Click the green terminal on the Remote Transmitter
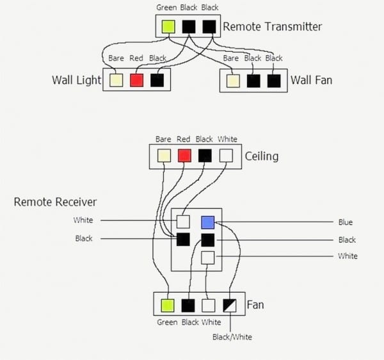(168, 26)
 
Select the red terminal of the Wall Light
(136, 81)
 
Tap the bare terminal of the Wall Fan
(234, 81)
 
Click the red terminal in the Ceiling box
(184, 156)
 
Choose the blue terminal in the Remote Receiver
(207, 222)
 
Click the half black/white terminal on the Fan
(230, 305)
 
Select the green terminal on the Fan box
(168, 305)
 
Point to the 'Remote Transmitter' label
(272, 27)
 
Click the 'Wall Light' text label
(76, 81)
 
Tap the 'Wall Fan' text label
(311, 81)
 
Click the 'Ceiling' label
(262, 156)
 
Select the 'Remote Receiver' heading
(55, 202)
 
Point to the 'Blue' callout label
(346, 222)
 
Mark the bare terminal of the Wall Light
(116, 81)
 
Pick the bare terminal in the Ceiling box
(164, 156)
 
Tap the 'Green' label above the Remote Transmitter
(167, 8)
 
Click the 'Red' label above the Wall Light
(136, 58)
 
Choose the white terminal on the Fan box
(209, 305)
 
